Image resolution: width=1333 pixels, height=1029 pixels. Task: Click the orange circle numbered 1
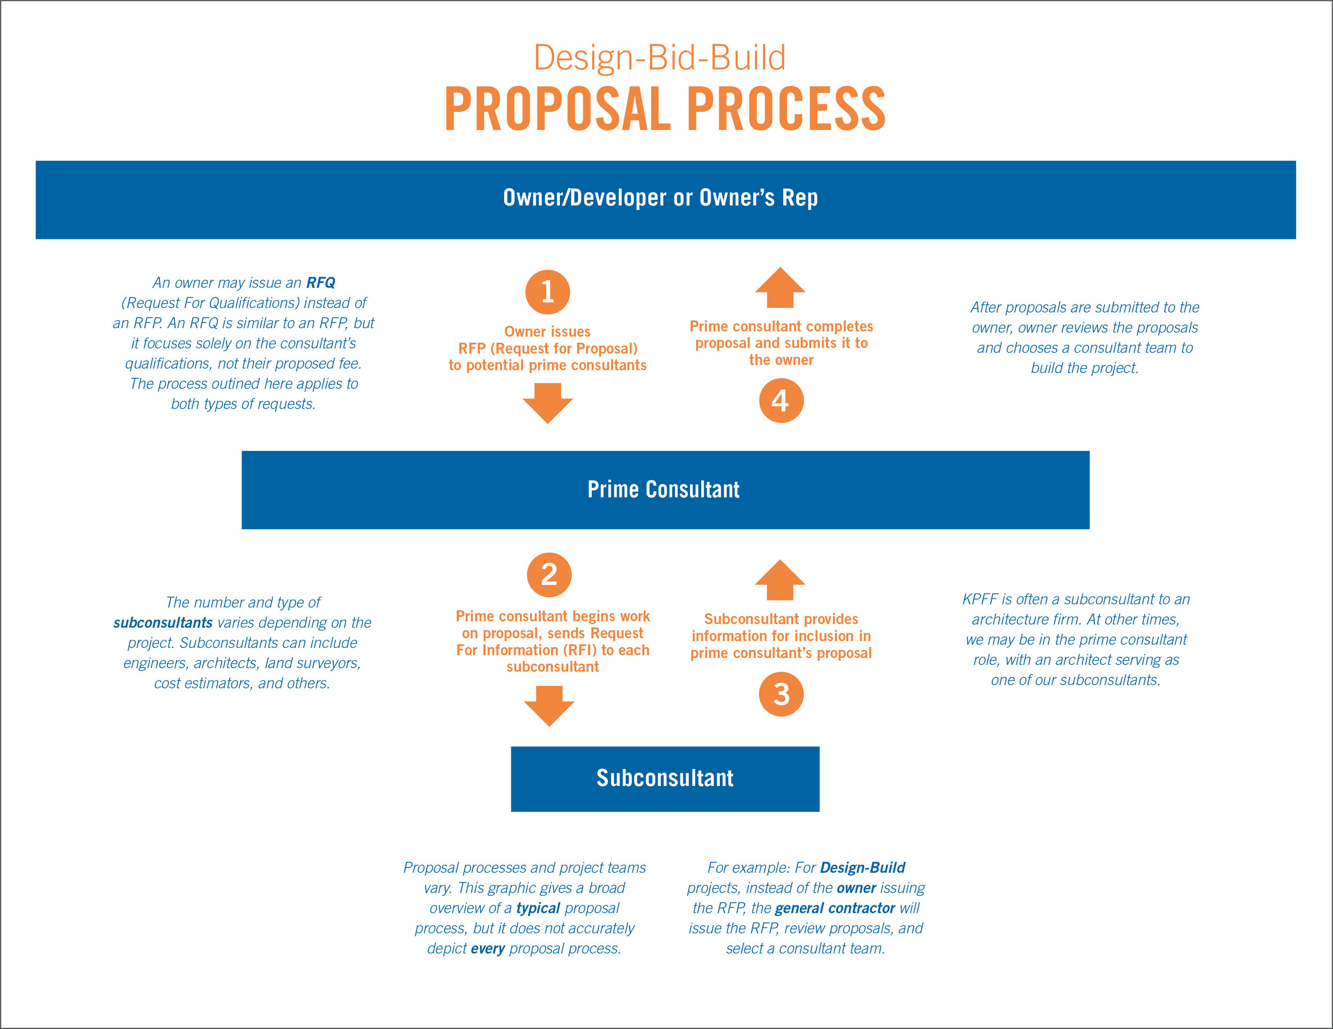[548, 292]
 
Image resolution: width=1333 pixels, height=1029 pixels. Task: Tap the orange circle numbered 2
[549, 574]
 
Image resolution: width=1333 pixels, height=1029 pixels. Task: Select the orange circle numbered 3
[781, 694]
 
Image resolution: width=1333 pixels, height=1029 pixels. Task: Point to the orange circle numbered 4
[781, 401]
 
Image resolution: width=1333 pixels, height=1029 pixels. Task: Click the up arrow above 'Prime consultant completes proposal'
[780, 288]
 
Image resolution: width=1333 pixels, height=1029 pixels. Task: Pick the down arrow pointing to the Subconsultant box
[549, 706]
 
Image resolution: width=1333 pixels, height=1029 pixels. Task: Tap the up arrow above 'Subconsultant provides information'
[780, 580]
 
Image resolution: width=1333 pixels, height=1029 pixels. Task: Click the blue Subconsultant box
[665, 779]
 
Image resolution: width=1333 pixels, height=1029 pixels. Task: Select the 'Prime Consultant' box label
[663, 489]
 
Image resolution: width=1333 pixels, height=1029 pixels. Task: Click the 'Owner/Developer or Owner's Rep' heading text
[661, 198]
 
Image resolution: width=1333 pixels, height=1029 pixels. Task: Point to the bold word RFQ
[320, 283]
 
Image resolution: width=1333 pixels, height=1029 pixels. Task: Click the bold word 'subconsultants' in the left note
[163, 623]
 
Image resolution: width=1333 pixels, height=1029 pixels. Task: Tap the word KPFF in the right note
[980, 599]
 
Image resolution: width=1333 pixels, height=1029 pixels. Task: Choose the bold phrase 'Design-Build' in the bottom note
[862, 868]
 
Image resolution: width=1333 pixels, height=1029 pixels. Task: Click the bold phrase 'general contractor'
[834, 908]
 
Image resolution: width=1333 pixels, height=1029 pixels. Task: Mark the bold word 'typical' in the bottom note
[537, 908]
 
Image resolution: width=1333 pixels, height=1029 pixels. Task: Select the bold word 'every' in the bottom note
[488, 949]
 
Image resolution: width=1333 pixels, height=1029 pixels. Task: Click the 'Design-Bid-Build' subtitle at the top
[660, 58]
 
